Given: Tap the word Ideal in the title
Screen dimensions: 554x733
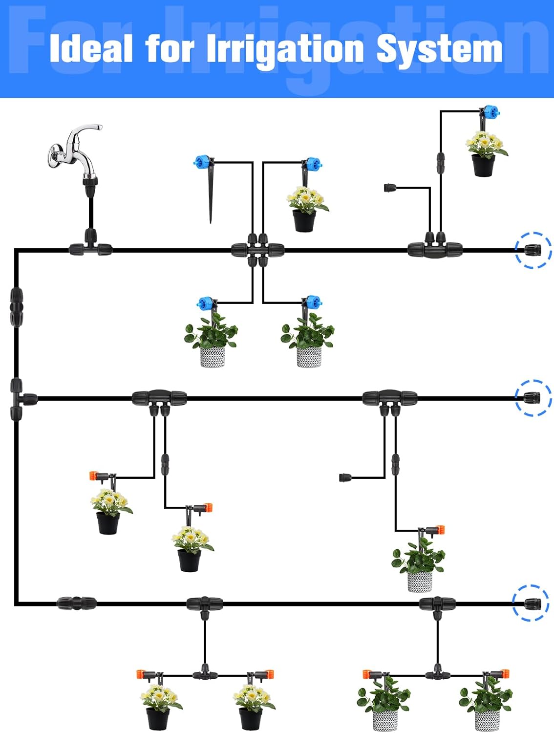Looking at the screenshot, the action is [x=91, y=49].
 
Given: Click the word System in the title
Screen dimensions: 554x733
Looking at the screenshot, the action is [x=440, y=50].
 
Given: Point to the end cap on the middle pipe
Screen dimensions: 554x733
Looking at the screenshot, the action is [x=533, y=397].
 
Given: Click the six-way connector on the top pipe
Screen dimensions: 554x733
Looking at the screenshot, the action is [x=257, y=250].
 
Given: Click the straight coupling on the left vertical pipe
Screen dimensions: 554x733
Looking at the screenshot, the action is [x=16, y=307].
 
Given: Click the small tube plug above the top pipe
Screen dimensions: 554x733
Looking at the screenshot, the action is [x=390, y=188].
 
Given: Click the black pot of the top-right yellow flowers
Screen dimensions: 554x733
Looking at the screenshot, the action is [x=483, y=165].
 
